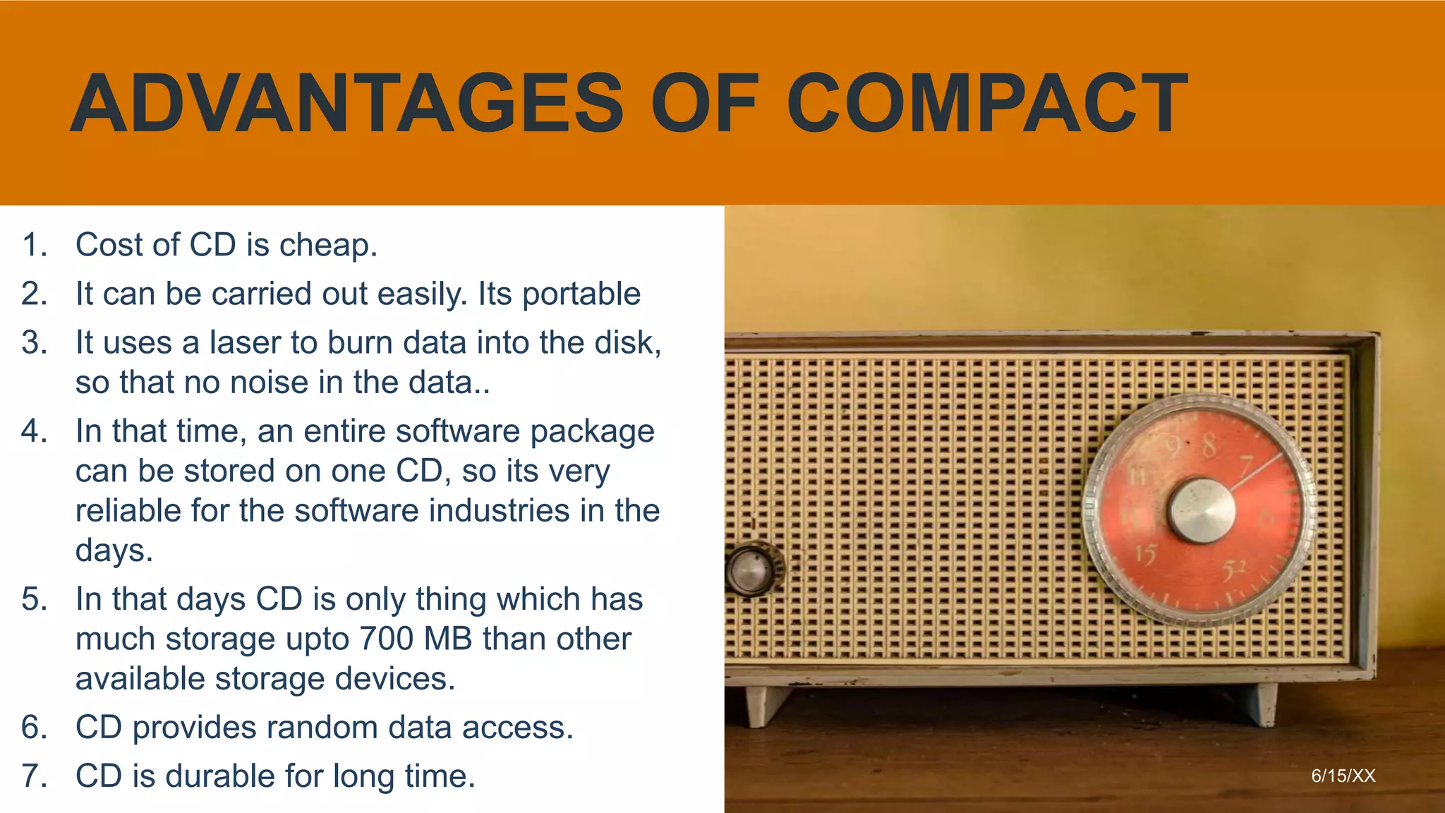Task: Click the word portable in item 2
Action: pos(581,294)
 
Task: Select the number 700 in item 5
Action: pos(387,639)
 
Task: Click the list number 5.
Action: pos(34,599)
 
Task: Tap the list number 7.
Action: pos(34,776)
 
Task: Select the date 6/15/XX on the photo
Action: pos(1343,776)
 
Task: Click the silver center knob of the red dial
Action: pos(1201,510)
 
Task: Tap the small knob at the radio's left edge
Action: pos(750,570)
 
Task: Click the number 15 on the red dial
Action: pos(1146,554)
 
